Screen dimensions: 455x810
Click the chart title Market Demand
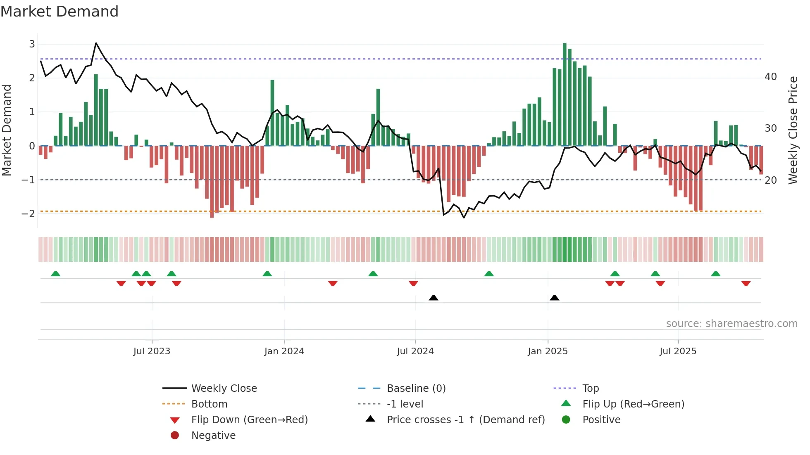60,11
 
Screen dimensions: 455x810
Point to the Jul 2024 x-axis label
415,351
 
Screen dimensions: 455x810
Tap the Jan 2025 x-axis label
548,351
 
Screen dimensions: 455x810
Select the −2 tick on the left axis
29,214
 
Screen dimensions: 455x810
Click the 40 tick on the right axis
771,77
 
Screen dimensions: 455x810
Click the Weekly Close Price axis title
793,130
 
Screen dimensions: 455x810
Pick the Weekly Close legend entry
224,389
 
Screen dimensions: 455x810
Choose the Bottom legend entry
209,404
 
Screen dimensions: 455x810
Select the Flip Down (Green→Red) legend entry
249,420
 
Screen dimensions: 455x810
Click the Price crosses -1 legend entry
465,420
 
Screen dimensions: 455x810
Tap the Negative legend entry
213,436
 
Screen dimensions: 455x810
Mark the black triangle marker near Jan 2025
555,298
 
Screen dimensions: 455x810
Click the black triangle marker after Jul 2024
434,298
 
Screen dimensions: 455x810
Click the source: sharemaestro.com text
731,324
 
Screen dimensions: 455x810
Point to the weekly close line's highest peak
96,43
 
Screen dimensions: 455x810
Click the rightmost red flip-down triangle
746,284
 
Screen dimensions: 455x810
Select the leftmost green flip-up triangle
55,274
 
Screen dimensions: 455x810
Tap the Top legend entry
591,389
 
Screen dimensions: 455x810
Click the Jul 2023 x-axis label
152,351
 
